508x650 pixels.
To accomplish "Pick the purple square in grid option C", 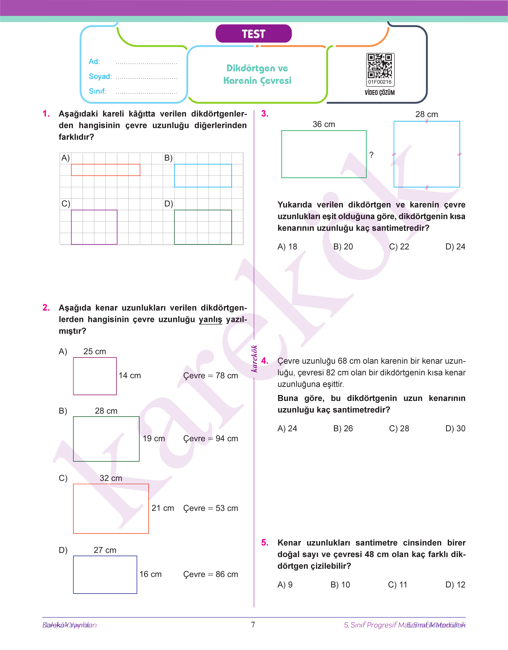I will pyautogui.click(x=94, y=227).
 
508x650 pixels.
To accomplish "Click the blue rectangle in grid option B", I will pyautogui.click(x=203, y=175).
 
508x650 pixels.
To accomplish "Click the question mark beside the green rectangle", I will pyautogui.click(x=371, y=155).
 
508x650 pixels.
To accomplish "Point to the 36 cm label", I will pyautogui.click(x=324, y=124).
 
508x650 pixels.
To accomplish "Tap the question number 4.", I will pyautogui.click(x=265, y=361).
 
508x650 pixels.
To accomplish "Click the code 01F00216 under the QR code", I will pyautogui.click(x=380, y=82).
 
